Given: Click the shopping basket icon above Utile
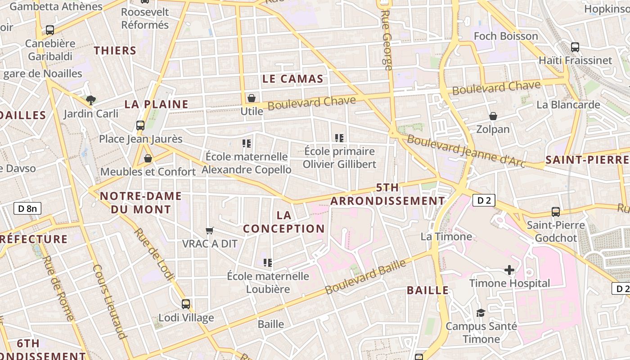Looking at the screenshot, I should (x=252, y=98).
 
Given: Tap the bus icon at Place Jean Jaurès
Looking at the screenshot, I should (x=140, y=126).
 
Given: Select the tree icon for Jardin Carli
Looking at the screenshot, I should (x=91, y=100).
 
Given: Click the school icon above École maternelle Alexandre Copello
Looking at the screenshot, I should (x=246, y=144).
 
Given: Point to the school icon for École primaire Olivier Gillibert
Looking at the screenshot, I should (x=339, y=138).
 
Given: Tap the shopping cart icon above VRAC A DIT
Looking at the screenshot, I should (x=209, y=231).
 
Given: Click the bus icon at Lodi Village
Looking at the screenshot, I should (x=186, y=304).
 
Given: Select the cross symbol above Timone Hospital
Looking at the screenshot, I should (x=509, y=270).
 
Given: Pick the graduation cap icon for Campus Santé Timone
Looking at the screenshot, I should (x=481, y=313).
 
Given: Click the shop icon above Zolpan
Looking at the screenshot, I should (x=493, y=116).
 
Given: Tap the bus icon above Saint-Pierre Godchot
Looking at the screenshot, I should (x=556, y=212).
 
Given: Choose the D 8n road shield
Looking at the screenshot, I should (x=27, y=208).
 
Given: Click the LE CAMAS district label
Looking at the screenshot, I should (x=292, y=79).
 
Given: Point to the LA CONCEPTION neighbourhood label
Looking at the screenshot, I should (x=284, y=222).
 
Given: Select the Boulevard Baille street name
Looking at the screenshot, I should (x=365, y=277).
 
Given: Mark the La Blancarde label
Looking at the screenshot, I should (x=568, y=105).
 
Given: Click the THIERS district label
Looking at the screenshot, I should (x=115, y=50).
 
